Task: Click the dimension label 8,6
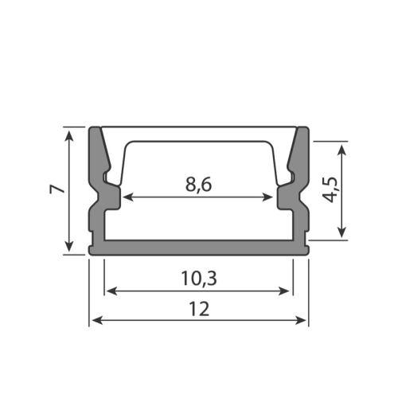tap(198, 185)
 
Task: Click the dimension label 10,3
tap(199, 279)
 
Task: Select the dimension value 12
tap(199, 309)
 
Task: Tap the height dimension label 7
tap(57, 189)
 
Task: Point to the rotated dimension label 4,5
tap(330, 189)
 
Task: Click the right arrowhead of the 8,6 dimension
tap(268, 197)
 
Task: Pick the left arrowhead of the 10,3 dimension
tap(111, 291)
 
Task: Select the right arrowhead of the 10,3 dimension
tap(284, 291)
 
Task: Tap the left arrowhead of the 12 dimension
tap(97, 320)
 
